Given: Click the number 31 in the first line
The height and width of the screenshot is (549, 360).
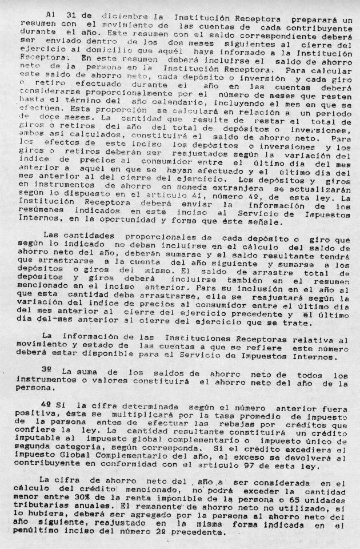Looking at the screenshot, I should click(x=69, y=13).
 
